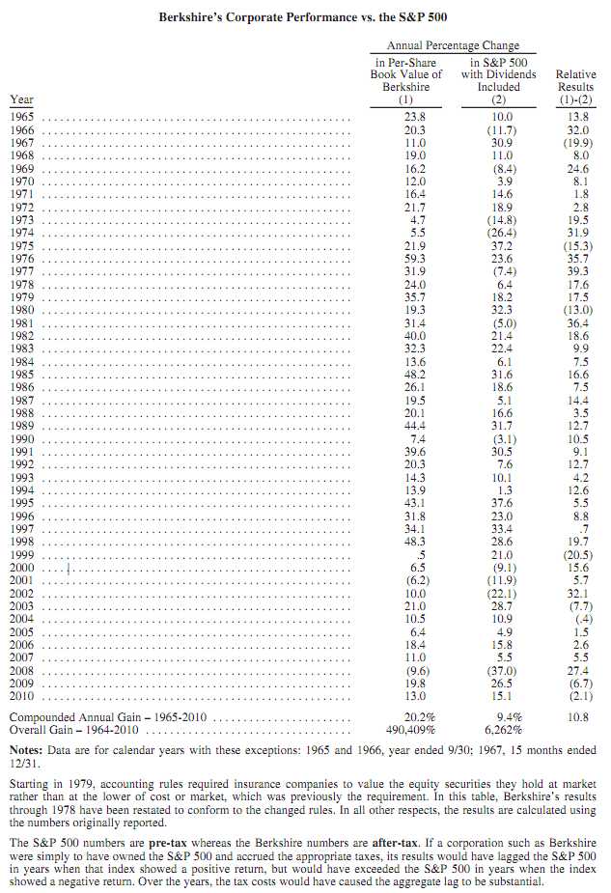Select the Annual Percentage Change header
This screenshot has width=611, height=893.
[x=453, y=45]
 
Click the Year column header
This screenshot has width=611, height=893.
[x=20, y=99]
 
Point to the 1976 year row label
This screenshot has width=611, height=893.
[x=22, y=258]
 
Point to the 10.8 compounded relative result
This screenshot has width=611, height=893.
[x=577, y=717]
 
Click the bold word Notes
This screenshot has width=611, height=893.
[x=27, y=749]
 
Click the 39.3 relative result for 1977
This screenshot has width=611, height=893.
[x=577, y=271]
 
